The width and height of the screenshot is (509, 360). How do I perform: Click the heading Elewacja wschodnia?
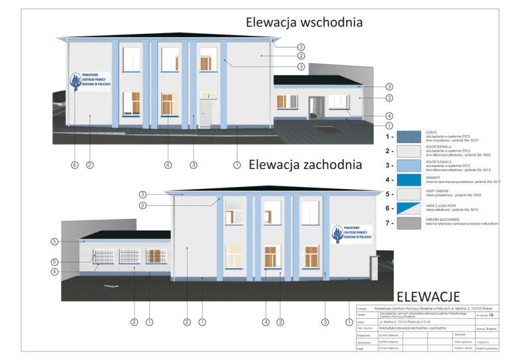304,22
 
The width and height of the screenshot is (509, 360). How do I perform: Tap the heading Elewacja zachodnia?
305,165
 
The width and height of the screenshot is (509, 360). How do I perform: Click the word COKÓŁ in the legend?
431,133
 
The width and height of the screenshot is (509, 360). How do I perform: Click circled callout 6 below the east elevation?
74,164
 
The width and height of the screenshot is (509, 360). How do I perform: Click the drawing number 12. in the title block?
492,316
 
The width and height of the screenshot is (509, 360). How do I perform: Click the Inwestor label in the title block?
362,309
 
